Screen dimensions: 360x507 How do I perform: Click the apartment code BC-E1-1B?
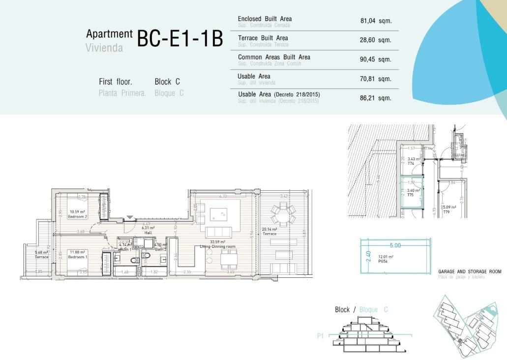coord(179,39)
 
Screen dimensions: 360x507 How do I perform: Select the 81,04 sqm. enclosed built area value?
coord(375,21)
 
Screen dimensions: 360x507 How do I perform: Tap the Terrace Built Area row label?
coord(263,38)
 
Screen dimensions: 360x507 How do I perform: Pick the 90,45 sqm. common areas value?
coord(375,60)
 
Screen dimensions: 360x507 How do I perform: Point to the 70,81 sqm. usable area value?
coord(375,79)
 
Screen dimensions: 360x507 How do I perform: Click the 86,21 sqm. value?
coord(375,98)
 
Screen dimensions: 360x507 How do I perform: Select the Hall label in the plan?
coord(148,233)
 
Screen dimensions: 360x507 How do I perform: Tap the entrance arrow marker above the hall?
coord(130,217)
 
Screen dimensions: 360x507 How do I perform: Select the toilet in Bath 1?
coord(134,261)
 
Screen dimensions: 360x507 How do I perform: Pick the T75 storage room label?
coord(410,195)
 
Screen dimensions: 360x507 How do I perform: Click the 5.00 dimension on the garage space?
coord(395,245)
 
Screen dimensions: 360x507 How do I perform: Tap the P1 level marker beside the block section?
coord(320,336)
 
